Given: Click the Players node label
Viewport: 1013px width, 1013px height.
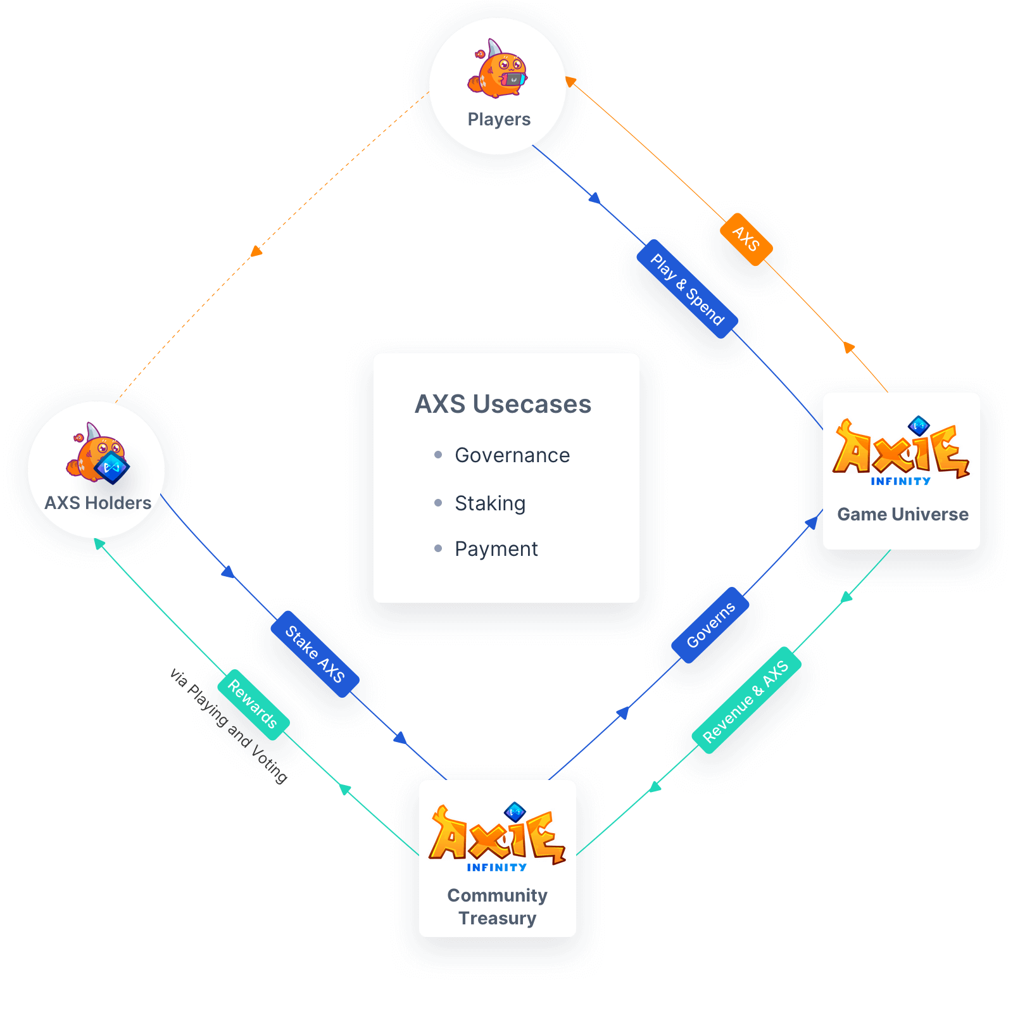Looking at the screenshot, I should click(x=499, y=119).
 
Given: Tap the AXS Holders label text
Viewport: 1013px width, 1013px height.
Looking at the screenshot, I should click(x=98, y=503).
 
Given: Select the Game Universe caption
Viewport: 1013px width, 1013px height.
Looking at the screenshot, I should click(x=902, y=514).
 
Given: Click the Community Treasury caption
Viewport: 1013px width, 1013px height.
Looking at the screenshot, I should click(x=498, y=907).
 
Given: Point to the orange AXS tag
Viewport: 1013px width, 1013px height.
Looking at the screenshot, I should click(x=746, y=239).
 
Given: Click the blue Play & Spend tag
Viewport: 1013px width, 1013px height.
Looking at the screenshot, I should click(x=687, y=289).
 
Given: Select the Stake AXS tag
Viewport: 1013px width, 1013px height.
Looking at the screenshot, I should click(x=315, y=654).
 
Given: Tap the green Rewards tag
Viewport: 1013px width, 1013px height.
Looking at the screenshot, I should click(x=253, y=704).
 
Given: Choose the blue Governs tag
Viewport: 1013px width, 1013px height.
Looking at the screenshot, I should click(x=710, y=625).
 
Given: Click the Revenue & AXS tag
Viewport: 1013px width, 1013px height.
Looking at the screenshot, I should click(x=746, y=700).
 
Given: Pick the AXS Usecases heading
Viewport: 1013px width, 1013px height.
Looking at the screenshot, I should click(x=503, y=404).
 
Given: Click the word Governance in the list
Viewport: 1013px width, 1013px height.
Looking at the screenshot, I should click(x=512, y=455).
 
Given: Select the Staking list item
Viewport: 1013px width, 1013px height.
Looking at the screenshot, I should click(x=490, y=503).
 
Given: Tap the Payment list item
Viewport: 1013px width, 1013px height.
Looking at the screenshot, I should click(x=496, y=549).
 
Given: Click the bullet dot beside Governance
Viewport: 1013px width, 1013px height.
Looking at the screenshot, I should click(x=438, y=455).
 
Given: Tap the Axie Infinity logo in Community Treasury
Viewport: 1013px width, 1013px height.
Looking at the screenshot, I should click(x=497, y=837).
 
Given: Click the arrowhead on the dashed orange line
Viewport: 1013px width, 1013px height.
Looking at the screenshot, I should click(x=256, y=251).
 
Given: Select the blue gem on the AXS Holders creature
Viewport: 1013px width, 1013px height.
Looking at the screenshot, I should click(x=111, y=468).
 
